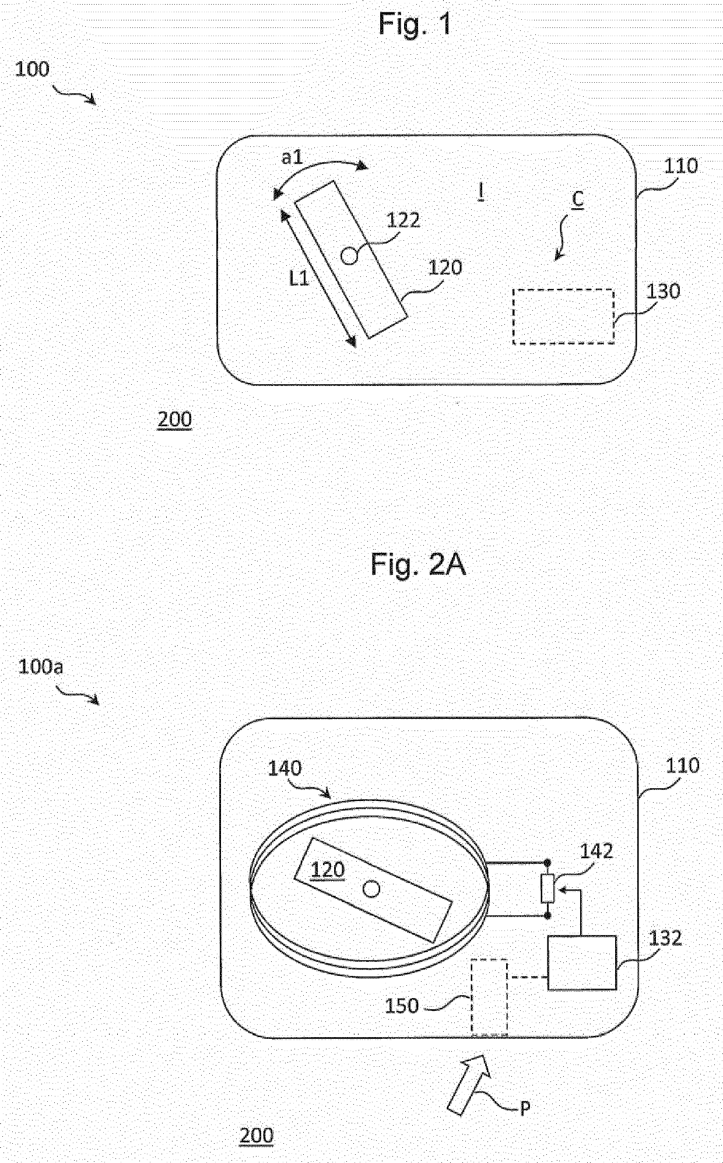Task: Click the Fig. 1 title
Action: tap(415, 24)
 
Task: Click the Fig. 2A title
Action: tap(418, 565)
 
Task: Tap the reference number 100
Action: tap(32, 69)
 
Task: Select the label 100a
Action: tap(40, 666)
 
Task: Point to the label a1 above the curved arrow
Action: tap(292, 157)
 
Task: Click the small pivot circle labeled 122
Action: tap(349, 256)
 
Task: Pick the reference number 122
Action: tap(403, 220)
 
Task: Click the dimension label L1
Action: tap(299, 279)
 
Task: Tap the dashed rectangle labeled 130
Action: tap(563, 316)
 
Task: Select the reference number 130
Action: tap(664, 291)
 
